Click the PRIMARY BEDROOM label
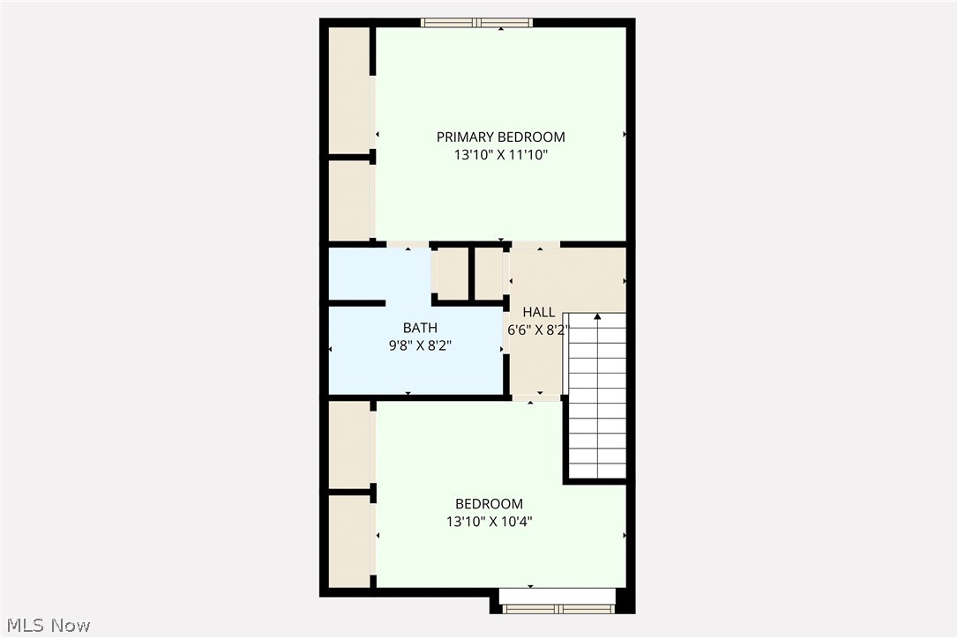tap(500, 137)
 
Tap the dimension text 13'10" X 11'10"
tap(500, 155)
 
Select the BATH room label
tap(420, 328)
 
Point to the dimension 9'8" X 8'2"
tap(420, 345)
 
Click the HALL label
tap(538, 312)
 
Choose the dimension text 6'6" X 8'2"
tap(538, 330)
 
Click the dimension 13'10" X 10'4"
tap(489, 522)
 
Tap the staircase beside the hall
tap(596, 397)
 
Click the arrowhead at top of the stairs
tap(597, 315)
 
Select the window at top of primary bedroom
tap(477, 23)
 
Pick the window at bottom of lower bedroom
tap(557, 607)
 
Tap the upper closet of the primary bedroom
tap(348, 90)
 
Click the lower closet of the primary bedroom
tap(348, 200)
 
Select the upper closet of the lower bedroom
tap(348, 444)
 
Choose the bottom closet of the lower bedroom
tap(348, 540)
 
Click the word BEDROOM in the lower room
tap(489, 504)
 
